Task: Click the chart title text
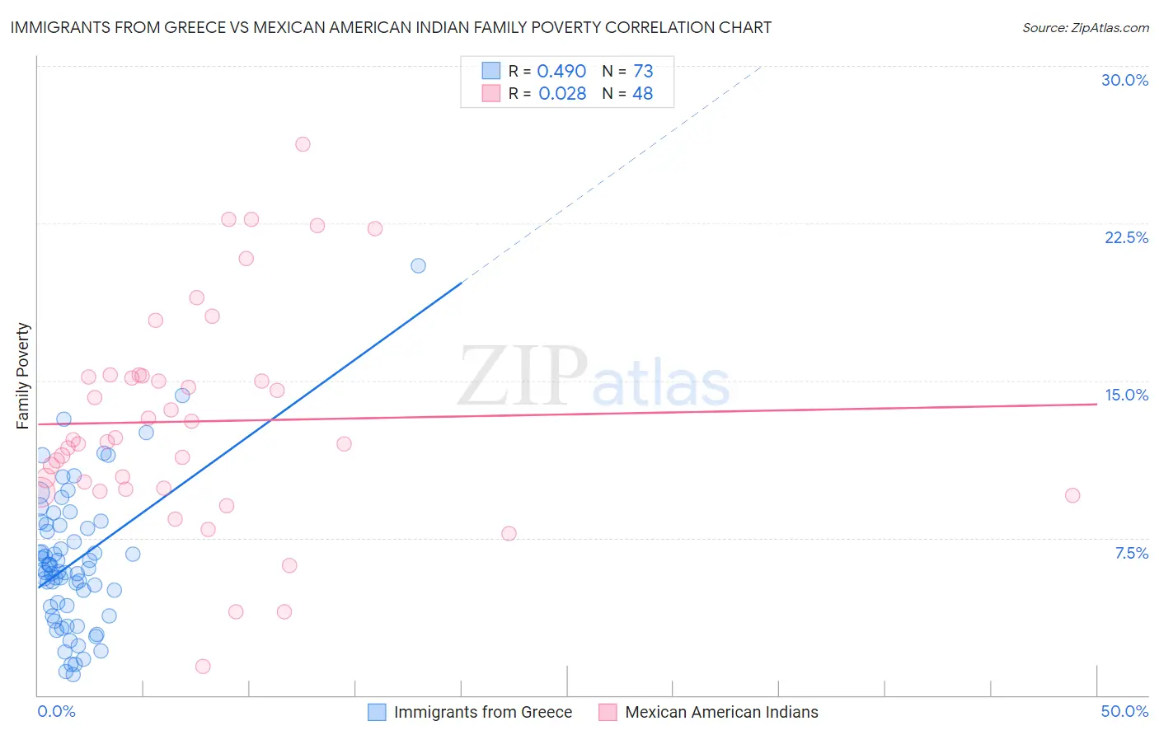click(x=391, y=27)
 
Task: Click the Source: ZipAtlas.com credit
click(x=1085, y=27)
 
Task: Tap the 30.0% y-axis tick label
click(x=1124, y=80)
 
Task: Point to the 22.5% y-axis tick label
click(x=1126, y=237)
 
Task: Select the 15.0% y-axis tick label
click(x=1126, y=395)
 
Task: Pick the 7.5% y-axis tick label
click(x=1131, y=553)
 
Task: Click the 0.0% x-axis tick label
click(x=56, y=711)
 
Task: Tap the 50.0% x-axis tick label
click(x=1124, y=711)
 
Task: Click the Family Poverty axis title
click(x=22, y=376)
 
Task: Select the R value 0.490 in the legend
click(x=561, y=72)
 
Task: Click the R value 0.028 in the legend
click(x=562, y=94)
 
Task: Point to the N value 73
click(x=643, y=72)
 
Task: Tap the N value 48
click(x=642, y=94)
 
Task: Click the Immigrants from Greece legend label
click(x=482, y=712)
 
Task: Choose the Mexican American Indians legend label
click(x=721, y=712)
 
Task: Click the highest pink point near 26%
click(x=303, y=144)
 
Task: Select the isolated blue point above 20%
click(x=418, y=265)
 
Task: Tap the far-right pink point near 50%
click(x=1072, y=495)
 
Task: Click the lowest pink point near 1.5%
click(x=203, y=666)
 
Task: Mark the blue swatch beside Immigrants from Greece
click(x=377, y=712)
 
